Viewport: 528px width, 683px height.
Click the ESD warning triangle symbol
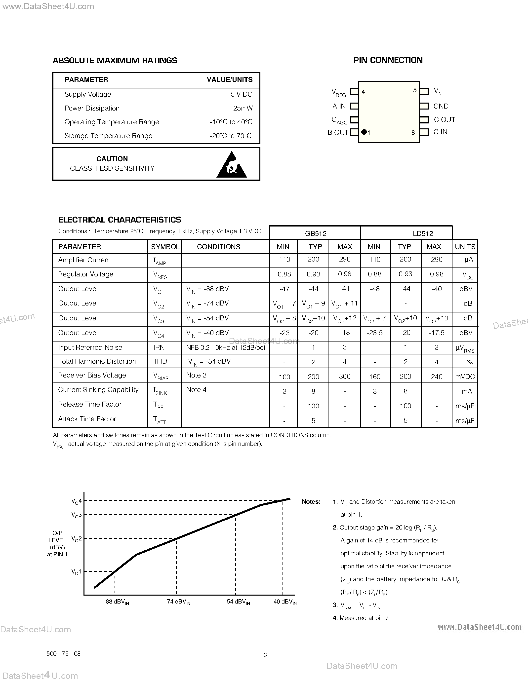[232, 165]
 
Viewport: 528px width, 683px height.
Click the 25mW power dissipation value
[243, 108]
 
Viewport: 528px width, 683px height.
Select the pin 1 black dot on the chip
[364, 132]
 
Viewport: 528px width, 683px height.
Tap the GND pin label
[441, 106]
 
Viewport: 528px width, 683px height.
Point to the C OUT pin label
[444, 120]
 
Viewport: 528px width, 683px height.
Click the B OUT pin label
[338, 133]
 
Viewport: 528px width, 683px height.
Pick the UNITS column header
[465, 247]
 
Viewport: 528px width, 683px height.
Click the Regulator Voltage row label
[86, 274]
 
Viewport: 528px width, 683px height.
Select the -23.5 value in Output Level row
[374, 333]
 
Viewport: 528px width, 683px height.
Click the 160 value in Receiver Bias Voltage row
[374, 377]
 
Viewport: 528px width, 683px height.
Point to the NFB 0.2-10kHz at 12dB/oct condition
[226, 347]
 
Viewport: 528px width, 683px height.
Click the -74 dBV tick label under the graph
[178, 602]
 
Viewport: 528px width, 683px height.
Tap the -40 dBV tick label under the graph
[284, 602]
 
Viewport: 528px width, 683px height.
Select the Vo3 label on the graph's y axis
[76, 515]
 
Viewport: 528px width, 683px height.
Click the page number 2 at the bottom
[266, 655]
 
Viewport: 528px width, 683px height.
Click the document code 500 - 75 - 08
[64, 654]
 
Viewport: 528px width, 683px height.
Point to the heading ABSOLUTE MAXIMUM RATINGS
[115, 61]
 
